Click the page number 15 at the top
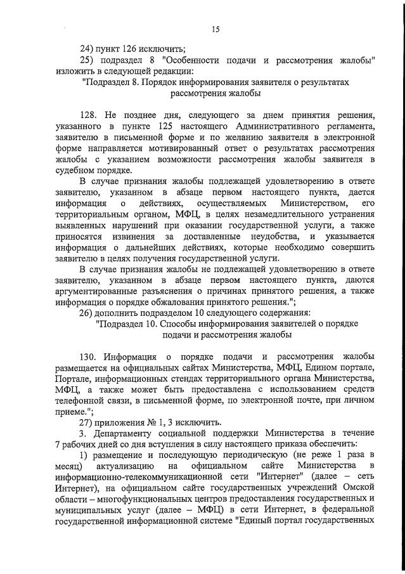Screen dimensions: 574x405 click(215, 29)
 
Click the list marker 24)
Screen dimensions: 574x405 click(87, 48)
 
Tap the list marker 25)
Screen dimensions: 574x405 click(87, 60)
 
